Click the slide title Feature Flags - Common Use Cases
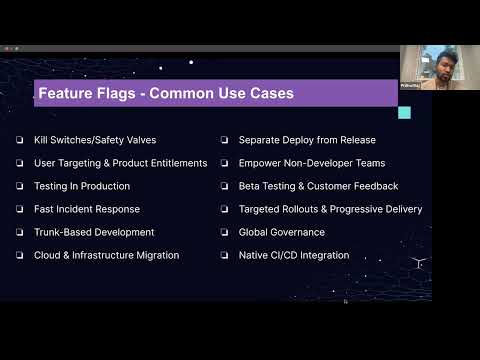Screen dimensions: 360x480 coord(165,95)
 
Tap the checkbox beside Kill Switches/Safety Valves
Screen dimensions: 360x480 coord(20,140)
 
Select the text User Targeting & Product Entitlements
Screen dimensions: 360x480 coord(121,163)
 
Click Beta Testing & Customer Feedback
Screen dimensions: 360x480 coord(318,186)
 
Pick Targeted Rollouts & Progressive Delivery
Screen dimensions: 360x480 coord(330,209)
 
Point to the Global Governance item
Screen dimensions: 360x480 coord(281,232)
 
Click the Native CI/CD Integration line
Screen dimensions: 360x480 coord(293,255)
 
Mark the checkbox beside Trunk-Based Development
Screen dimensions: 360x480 coord(20,232)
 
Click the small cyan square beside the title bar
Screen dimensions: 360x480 coord(404,113)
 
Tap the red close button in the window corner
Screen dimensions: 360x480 coord(5,48)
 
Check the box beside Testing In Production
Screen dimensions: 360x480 coord(20,186)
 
